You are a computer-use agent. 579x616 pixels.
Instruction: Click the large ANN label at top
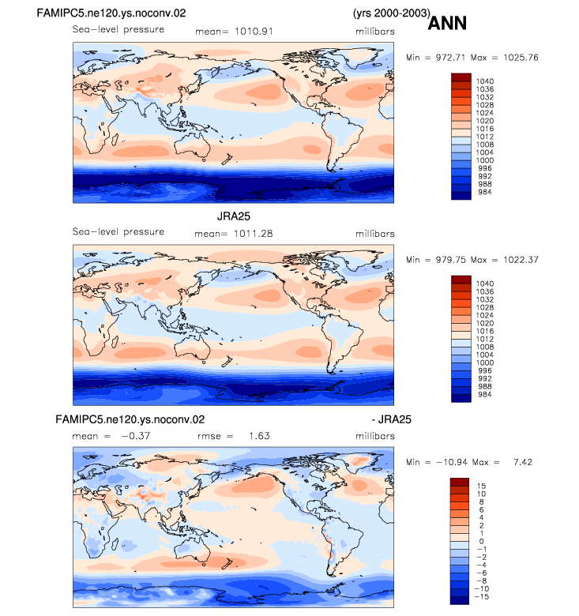coord(447,23)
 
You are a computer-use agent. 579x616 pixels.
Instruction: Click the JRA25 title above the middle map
coord(233,216)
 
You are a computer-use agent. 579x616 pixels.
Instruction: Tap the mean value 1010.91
coord(254,32)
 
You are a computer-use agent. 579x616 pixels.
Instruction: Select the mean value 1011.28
coord(253,234)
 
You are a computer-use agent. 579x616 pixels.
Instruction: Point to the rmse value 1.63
coord(259,436)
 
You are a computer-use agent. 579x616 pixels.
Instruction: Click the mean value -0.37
coord(136,436)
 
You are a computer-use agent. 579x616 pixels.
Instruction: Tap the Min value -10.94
coord(452,462)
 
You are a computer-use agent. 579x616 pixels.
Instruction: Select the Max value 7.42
coord(523,462)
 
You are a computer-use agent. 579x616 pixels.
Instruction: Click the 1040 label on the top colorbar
coord(485,81)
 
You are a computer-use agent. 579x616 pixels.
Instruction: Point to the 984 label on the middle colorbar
coord(485,394)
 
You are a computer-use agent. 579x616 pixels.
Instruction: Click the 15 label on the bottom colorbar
coord(481,486)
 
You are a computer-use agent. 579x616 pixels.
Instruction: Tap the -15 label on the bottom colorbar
coord(481,597)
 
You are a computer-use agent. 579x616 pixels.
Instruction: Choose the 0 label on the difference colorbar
coord(481,541)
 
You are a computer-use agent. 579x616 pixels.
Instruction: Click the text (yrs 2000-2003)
coord(392,13)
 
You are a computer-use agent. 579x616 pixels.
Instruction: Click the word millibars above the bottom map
coord(375,436)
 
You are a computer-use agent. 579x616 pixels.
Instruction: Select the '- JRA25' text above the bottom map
coord(391,419)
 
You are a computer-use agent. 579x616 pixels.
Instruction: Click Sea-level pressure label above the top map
coord(118,29)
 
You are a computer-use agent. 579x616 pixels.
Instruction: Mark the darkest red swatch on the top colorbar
coord(461,77)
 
